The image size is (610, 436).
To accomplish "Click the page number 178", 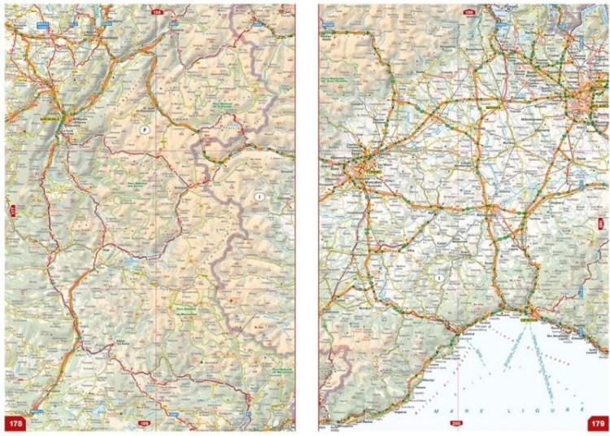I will tap(15, 423).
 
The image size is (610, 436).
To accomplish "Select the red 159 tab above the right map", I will tap(470, 12).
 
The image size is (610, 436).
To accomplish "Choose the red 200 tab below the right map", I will tap(456, 423).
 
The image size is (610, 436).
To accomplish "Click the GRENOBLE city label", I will tap(51, 118).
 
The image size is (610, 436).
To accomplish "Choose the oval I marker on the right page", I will tap(439, 278).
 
